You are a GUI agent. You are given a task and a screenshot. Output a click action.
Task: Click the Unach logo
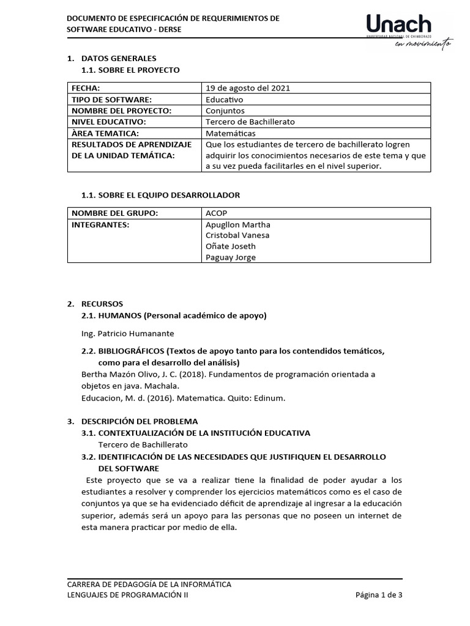click(399, 25)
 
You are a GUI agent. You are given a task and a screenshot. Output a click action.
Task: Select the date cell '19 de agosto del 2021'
click(248, 88)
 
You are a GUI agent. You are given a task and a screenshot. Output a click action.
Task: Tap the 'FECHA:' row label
click(86, 88)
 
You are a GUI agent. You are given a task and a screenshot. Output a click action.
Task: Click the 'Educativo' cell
click(225, 99)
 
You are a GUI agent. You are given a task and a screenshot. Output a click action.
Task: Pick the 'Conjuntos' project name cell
click(225, 111)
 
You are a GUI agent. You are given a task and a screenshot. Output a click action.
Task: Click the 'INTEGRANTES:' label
click(100, 224)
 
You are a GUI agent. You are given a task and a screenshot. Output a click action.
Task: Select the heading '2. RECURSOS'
click(95, 304)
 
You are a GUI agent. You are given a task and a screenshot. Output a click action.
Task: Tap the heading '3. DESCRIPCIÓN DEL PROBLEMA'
click(132, 421)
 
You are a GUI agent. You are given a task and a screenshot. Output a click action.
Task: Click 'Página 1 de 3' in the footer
click(379, 595)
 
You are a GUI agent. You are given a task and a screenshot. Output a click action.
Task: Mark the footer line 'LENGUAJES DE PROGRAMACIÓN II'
click(128, 595)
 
